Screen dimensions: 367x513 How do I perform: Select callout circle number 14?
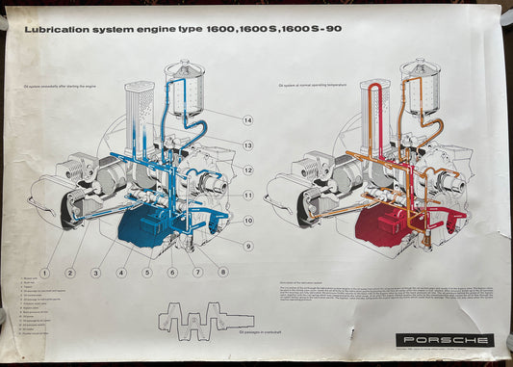(x=247, y=120)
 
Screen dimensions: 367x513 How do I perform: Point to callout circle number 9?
(x=247, y=246)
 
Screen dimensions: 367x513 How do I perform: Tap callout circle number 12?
(x=247, y=170)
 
